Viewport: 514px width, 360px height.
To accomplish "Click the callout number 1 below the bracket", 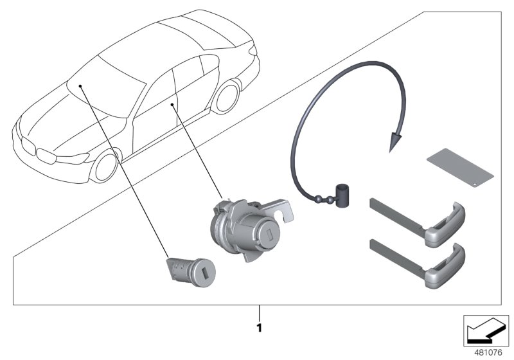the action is pyautogui.click(x=260, y=328).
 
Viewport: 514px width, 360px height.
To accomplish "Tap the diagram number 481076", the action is pyautogui.click(x=488, y=353).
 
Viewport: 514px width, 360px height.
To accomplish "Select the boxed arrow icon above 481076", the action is pyautogui.click(x=486, y=331).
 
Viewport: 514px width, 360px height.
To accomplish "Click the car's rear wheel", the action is pyautogui.click(x=227, y=96).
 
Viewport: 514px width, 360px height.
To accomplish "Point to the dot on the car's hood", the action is pyautogui.click(x=80, y=86).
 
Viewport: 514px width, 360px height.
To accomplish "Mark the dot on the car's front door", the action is pyautogui.click(x=172, y=105).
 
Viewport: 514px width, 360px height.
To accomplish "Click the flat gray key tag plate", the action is pyautogui.click(x=460, y=168).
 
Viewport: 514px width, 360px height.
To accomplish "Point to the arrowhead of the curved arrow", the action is pyautogui.click(x=396, y=140).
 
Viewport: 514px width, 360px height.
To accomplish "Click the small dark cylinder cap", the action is pyautogui.click(x=342, y=195).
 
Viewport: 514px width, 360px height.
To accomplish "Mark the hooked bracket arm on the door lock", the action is pyautogui.click(x=279, y=210).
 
